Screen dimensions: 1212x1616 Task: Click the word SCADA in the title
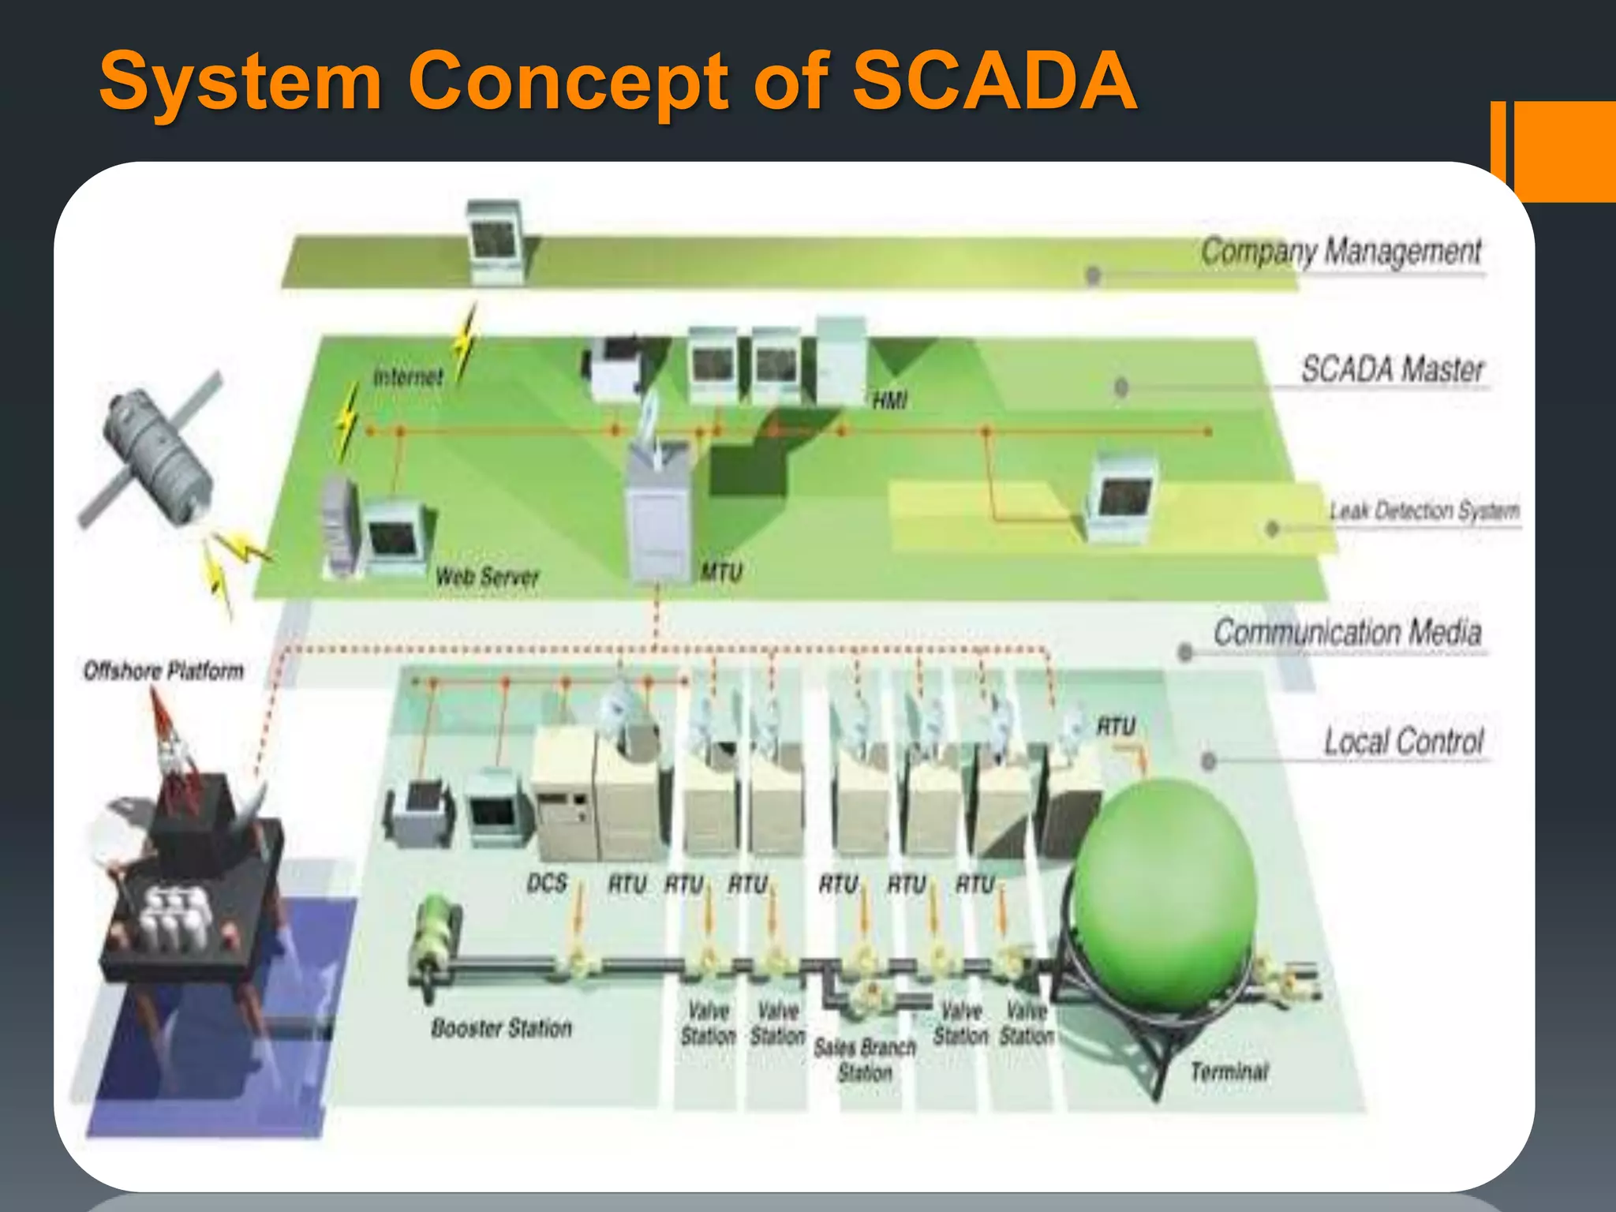pyautogui.click(x=994, y=80)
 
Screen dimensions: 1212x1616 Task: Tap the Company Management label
pyautogui.click(x=1341, y=252)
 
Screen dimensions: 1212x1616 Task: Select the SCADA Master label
pyautogui.click(x=1393, y=369)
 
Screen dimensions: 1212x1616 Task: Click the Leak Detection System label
pyautogui.click(x=1424, y=511)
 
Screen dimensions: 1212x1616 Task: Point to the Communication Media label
pyautogui.click(x=1347, y=632)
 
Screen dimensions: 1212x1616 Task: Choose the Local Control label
pyautogui.click(x=1404, y=742)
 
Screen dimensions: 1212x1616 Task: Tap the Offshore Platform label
pyautogui.click(x=163, y=671)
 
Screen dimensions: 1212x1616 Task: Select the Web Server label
pyautogui.click(x=487, y=577)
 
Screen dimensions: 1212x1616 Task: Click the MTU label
pyautogui.click(x=722, y=572)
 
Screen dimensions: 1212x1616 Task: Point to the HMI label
pyautogui.click(x=889, y=402)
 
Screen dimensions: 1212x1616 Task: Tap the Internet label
pyautogui.click(x=408, y=377)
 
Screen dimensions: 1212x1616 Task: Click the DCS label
pyautogui.click(x=547, y=883)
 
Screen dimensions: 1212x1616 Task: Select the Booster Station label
pyautogui.click(x=501, y=1028)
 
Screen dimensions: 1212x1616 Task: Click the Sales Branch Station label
pyautogui.click(x=865, y=1060)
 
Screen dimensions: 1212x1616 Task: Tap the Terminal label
pyautogui.click(x=1229, y=1072)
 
